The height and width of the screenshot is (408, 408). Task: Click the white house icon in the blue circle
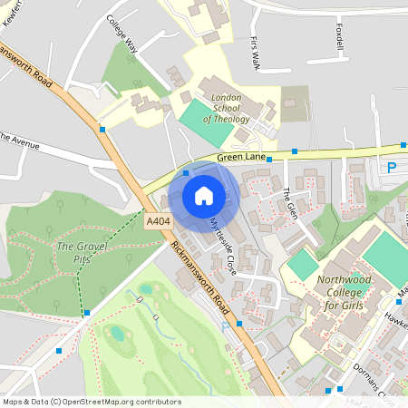pyautogui.click(x=204, y=196)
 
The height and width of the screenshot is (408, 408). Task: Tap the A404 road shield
pyautogui.click(x=156, y=220)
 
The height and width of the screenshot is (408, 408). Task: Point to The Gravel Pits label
pyautogui.click(x=82, y=251)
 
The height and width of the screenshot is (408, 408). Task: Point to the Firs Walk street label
pyautogui.click(x=256, y=53)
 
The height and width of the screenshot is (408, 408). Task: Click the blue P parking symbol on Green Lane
pyautogui.click(x=392, y=168)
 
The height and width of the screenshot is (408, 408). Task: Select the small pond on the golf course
pyautogui.click(x=118, y=334)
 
